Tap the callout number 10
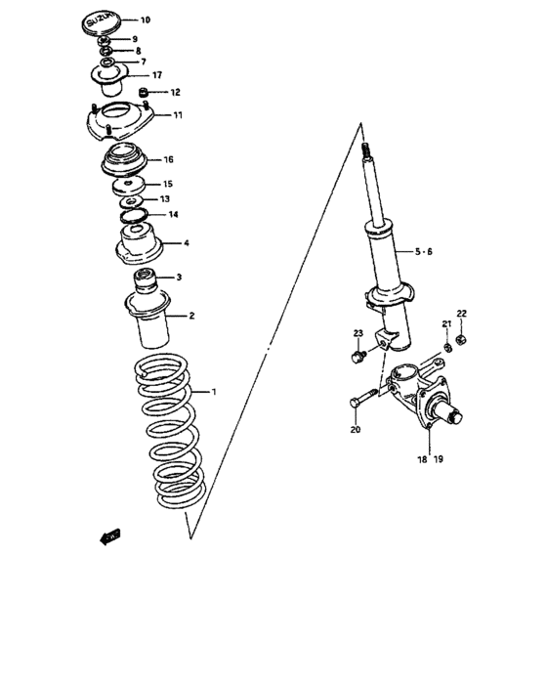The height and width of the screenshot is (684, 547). (x=146, y=21)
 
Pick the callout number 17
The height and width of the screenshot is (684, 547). (x=156, y=75)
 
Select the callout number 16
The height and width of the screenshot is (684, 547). (x=168, y=159)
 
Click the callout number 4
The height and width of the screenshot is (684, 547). (x=188, y=243)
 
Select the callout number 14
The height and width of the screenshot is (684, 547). (x=173, y=215)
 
